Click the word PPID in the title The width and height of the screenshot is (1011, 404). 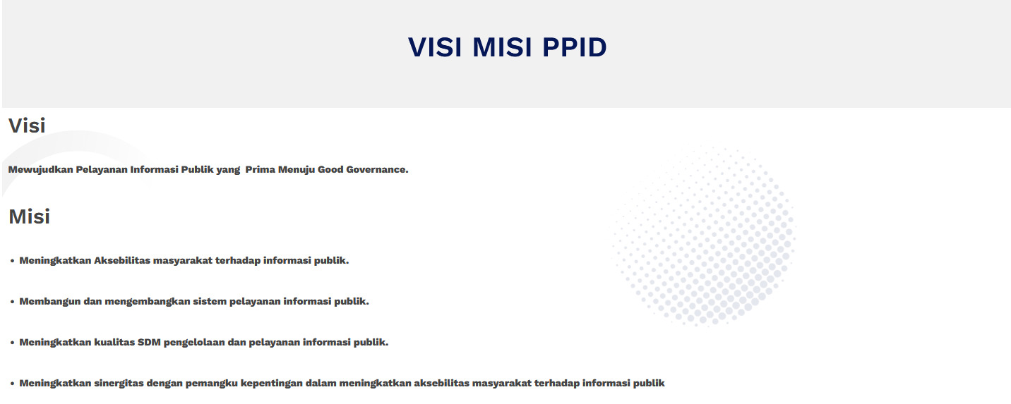574,47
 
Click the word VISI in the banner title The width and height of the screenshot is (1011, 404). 435,47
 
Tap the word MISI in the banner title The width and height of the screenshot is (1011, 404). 502,47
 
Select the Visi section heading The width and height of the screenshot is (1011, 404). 27,126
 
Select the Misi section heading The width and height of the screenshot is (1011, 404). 30,216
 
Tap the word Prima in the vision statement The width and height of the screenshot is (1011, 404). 260,169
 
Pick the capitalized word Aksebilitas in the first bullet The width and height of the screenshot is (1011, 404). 122,261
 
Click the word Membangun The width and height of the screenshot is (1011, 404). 49,302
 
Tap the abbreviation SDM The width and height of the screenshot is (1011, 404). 149,342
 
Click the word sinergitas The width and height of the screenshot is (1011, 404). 119,384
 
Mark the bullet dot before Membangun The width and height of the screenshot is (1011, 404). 12,302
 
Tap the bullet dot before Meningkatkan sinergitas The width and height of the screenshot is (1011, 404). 12,384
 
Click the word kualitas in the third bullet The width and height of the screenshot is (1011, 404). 114,342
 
